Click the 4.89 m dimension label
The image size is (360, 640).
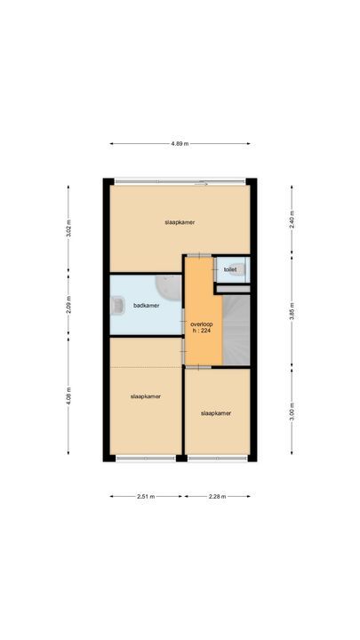tap(180, 144)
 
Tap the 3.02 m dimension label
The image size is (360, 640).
tap(68, 228)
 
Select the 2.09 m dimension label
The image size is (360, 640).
tap(68, 305)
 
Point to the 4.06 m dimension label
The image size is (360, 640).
tap(68, 396)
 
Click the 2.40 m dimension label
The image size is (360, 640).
tap(292, 220)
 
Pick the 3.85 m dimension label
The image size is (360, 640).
tap(292, 311)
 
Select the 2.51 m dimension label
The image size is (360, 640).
tap(146, 497)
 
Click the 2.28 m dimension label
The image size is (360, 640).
tap(217, 497)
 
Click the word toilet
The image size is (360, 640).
tap(230, 270)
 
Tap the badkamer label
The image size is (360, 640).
tap(146, 305)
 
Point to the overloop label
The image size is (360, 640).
tap(202, 324)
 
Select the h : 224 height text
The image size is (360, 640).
tap(202, 331)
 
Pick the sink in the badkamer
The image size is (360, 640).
tap(117, 305)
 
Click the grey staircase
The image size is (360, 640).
tap(236, 330)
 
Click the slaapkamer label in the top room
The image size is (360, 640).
tap(180, 222)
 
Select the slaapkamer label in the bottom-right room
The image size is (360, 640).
tap(216, 413)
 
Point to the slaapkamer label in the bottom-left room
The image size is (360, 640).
tap(146, 396)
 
